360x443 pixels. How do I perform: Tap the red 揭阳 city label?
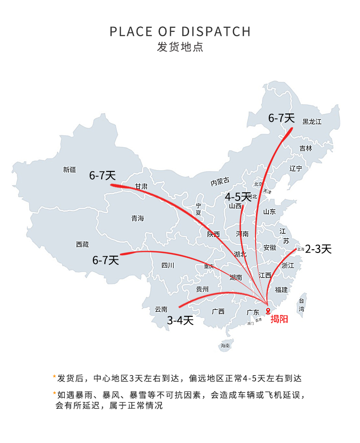(x=279, y=319)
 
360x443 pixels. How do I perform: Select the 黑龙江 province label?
(x=312, y=122)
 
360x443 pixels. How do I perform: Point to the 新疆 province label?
(x=70, y=170)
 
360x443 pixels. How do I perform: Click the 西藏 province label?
(x=82, y=245)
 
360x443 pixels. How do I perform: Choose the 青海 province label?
(x=137, y=218)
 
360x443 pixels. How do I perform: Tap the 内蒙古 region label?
(x=220, y=182)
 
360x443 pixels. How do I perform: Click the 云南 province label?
(x=161, y=309)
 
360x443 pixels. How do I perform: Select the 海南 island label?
(x=225, y=345)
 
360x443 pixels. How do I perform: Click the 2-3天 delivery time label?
(x=318, y=249)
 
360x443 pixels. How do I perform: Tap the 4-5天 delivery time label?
(x=238, y=197)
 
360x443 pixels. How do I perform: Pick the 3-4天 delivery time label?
(x=180, y=320)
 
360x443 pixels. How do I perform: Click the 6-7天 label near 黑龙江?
(x=281, y=118)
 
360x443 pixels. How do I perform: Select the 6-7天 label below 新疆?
(x=103, y=175)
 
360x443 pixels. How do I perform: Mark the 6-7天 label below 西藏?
(x=106, y=260)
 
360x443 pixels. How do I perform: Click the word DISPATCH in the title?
(x=216, y=31)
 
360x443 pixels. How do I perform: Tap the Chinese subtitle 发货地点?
(x=180, y=47)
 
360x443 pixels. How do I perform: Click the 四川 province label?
(x=168, y=265)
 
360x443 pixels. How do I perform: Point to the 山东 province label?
(x=269, y=212)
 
